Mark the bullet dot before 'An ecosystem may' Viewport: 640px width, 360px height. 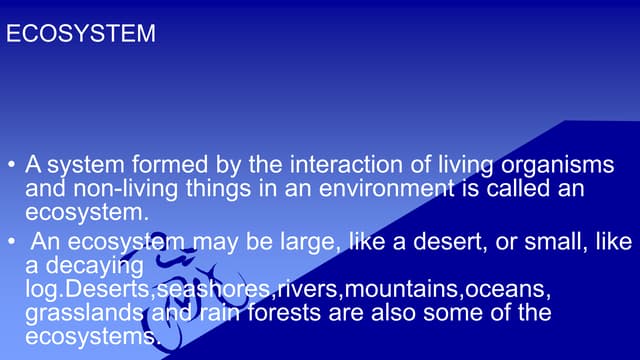pos(11,243)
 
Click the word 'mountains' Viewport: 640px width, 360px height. pos(399,290)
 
